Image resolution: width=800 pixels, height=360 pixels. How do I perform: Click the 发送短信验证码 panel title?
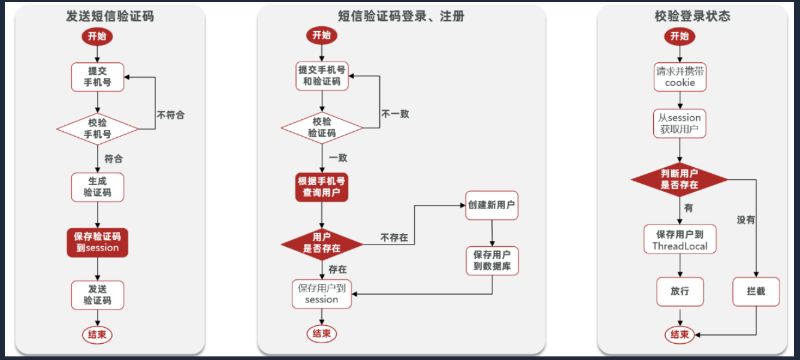tap(110, 16)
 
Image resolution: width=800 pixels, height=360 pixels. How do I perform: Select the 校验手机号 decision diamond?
tap(97, 128)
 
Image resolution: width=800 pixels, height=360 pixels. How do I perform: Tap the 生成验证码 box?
tap(97, 187)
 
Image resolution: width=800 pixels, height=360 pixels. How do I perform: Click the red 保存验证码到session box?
tap(97, 241)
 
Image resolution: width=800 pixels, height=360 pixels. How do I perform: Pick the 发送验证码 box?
tap(97, 295)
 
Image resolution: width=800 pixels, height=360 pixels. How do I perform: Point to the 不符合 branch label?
tap(171, 114)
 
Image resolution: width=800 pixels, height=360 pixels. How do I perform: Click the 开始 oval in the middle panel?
tap(322, 35)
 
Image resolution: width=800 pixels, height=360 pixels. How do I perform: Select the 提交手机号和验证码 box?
tap(322, 75)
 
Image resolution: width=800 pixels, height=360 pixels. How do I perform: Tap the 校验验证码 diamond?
tap(322, 127)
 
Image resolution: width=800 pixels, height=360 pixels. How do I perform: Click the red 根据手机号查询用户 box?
tap(322, 187)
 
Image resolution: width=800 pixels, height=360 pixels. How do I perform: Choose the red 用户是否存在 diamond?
tap(322, 242)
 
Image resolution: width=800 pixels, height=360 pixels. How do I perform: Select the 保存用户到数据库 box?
tap(491, 261)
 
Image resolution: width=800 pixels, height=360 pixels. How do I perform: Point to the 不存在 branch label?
tap(394, 238)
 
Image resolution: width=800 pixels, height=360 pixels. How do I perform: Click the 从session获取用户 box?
tap(680, 123)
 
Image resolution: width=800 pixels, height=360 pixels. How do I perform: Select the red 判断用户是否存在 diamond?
tap(680, 179)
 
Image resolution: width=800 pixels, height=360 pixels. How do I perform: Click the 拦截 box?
tap(756, 292)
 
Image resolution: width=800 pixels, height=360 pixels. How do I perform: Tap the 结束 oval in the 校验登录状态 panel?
tap(680, 334)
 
